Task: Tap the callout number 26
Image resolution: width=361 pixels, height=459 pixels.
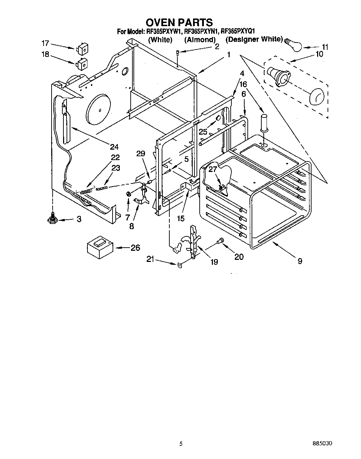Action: tap(135, 248)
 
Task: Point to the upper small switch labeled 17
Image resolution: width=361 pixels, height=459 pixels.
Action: tap(82, 49)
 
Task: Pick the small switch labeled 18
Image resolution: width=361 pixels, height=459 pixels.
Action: tap(82, 63)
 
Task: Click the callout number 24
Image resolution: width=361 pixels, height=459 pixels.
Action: tap(114, 147)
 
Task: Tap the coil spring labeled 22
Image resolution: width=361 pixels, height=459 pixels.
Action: tap(86, 191)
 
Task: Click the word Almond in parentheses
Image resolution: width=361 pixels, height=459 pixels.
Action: tap(200, 40)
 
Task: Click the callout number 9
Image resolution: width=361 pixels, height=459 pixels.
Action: tap(300, 261)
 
